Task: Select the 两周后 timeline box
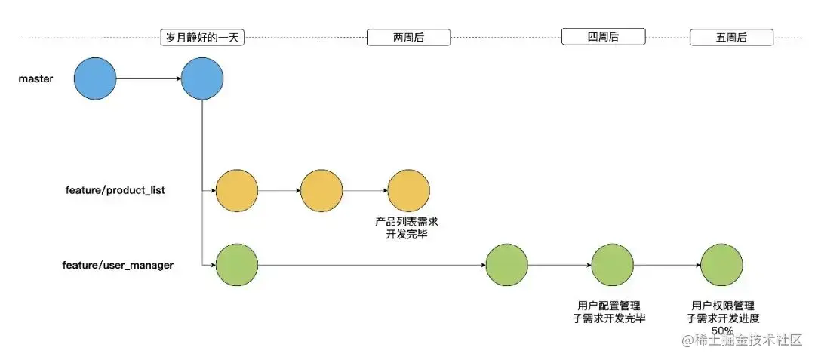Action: click(408, 38)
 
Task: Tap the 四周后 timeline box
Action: click(604, 37)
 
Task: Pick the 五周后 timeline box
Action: click(730, 38)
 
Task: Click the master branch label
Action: click(35, 78)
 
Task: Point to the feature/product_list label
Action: click(115, 190)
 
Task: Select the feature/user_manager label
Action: click(118, 265)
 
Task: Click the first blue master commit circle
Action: click(95, 78)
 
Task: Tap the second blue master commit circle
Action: click(202, 78)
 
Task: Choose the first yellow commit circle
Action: click(236, 190)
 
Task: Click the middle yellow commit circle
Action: click(321, 190)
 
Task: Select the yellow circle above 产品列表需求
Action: click(408, 190)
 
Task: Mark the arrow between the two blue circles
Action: click(149, 78)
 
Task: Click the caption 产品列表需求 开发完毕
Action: click(407, 228)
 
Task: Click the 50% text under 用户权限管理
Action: click(721, 331)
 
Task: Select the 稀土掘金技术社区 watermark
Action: click(742, 340)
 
